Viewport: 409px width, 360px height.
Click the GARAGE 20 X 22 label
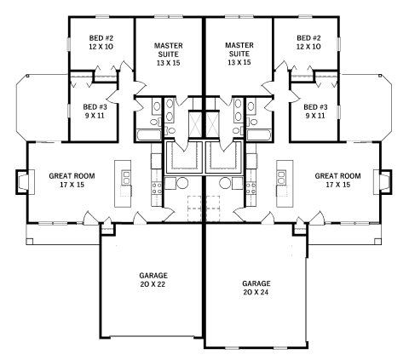(x=153, y=280)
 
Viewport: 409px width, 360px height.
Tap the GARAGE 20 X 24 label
(x=256, y=288)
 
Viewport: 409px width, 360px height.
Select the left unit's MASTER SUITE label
(x=169, y=54)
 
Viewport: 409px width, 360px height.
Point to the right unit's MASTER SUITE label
(x=239, y=54)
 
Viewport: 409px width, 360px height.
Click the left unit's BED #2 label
(x=101, y=43)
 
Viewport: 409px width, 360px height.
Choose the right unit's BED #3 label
(x=315, y=111)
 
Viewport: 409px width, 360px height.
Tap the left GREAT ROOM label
(x=72, y=180)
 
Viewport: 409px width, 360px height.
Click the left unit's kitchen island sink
(x=126, y=177)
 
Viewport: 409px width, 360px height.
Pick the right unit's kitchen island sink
(x=282, y=177)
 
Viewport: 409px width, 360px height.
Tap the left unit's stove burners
(x=157, y=188)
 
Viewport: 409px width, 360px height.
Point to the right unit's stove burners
(x=251, y=188)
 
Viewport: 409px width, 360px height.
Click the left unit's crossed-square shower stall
(x=195, y=124)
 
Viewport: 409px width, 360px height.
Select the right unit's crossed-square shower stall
(x=212, y=124)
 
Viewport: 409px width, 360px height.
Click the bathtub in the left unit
(x=148, y=135)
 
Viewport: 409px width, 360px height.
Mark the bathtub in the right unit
(x=259, y=135)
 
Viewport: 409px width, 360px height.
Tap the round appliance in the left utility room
(x=182, y=183)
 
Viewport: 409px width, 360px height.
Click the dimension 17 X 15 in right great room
(x=337, y=185)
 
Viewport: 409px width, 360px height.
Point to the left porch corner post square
(x=30, y=242)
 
